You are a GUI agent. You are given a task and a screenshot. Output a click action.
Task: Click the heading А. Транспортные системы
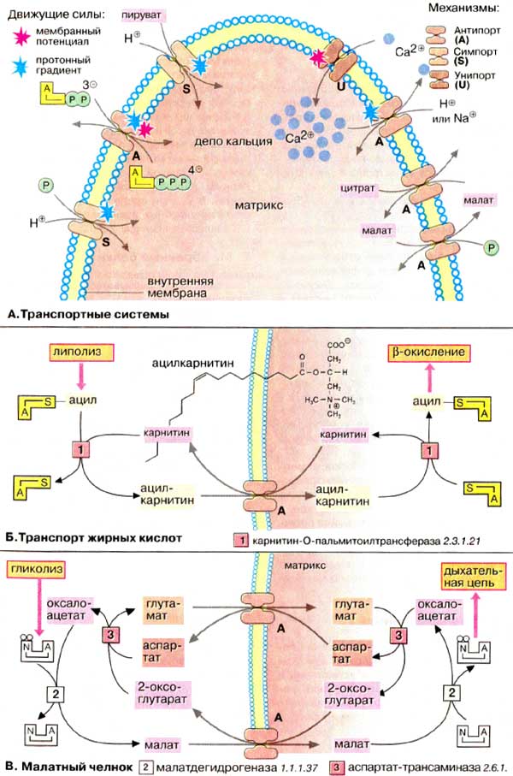pos(86,315)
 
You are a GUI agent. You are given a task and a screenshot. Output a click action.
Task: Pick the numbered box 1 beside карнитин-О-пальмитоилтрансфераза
pos(241,540)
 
